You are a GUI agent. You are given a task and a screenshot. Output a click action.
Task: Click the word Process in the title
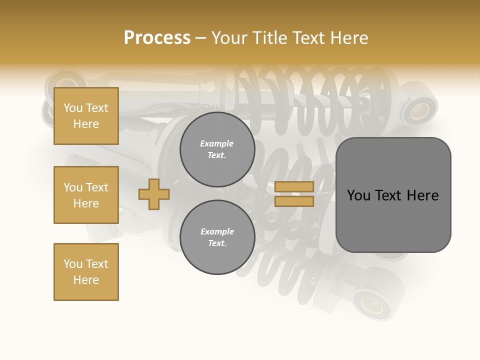click(x=157, y=38)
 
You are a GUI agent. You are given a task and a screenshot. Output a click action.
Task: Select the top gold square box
click(x=86, y=116)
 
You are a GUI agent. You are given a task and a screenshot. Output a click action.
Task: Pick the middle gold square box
click(x=86, y=195)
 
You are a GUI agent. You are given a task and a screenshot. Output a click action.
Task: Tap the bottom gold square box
click(x=86, y=272)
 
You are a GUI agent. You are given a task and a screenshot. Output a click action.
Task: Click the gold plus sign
click(x=154, y=194)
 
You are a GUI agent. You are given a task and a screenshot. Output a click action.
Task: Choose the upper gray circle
click(x=217, y=149)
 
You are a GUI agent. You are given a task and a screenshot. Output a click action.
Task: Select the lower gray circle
click(x=217, y=237)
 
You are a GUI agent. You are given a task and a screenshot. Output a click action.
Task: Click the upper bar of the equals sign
click(x=294, y=186)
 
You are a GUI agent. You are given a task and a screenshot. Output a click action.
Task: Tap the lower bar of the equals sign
click(x=294, y=201)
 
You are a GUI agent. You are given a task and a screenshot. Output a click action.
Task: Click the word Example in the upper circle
click(x=217, y=144)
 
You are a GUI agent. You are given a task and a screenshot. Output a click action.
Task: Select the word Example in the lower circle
click(x=217, y=232)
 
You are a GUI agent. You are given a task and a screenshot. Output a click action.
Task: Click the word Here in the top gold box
click(x=86, y=124)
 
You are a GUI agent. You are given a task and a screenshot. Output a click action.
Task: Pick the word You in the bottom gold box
click(x=72, y=264)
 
